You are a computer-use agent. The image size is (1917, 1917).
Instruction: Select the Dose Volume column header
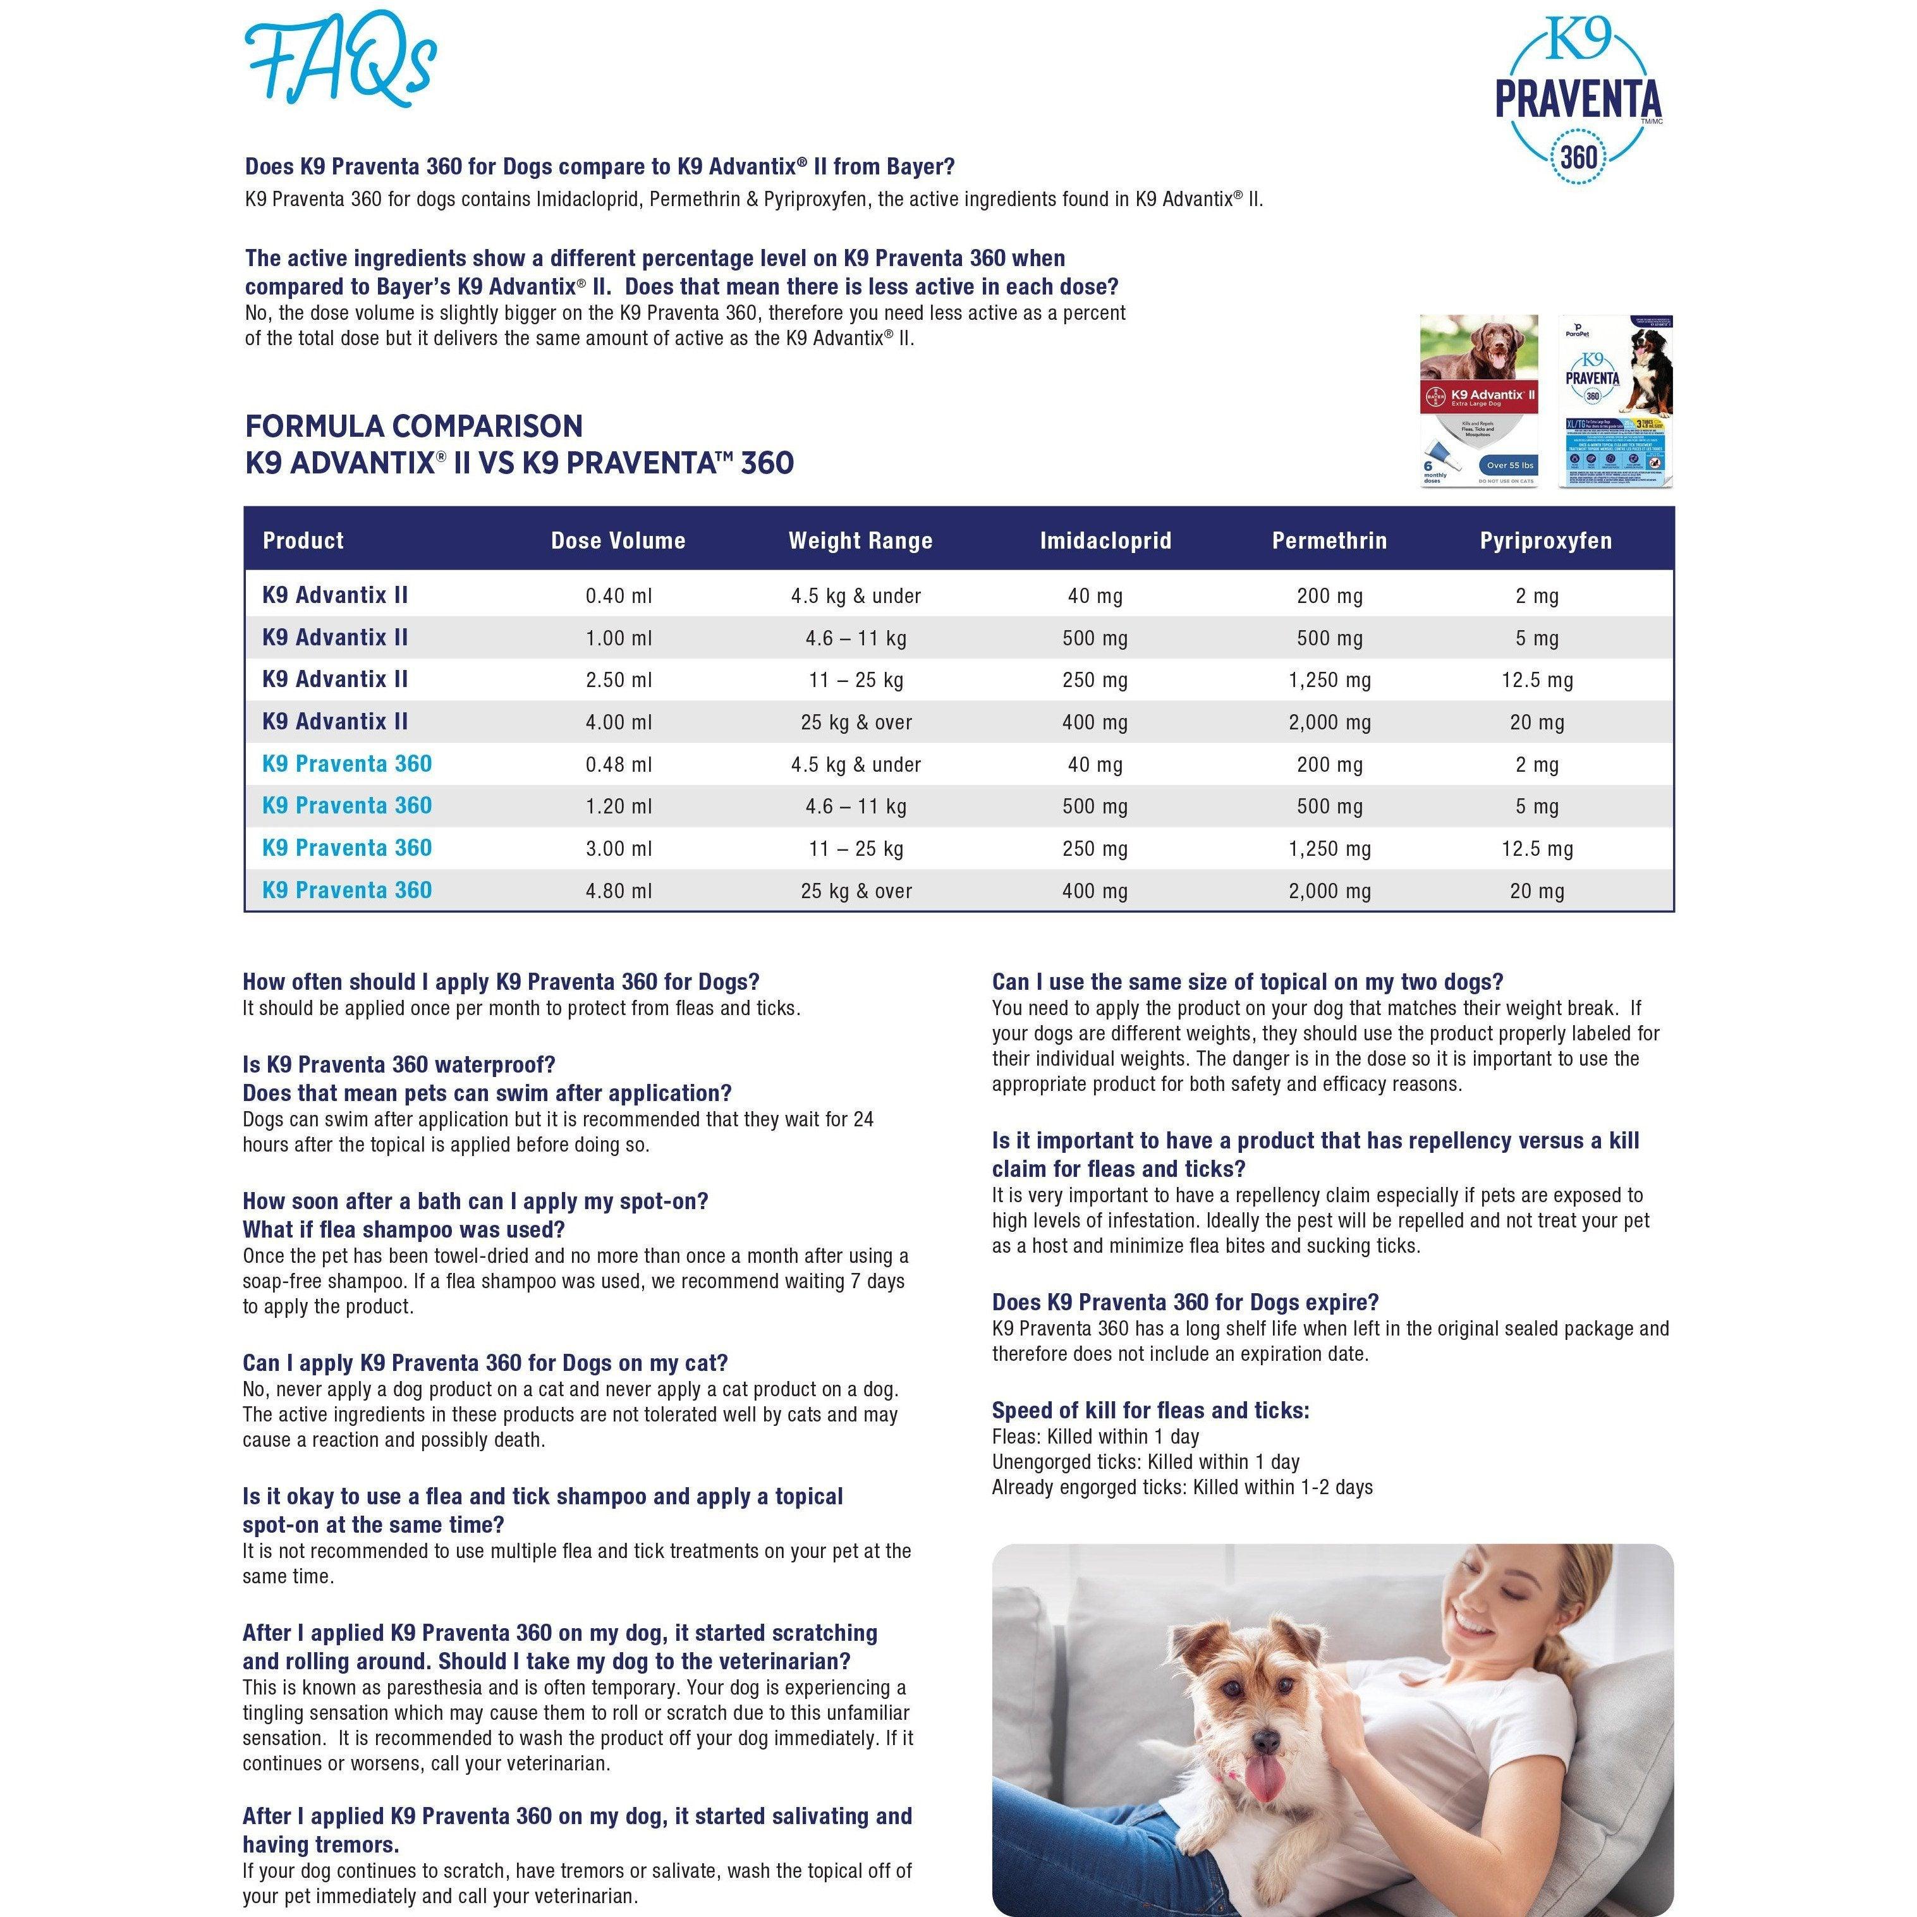click(x=618, y=541)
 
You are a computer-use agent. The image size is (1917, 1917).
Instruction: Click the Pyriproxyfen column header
click(x=1545, y=541)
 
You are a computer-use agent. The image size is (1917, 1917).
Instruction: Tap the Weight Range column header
click(x=860, y=541)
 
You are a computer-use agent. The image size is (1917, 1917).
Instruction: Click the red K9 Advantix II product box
click(x=1478, y=400)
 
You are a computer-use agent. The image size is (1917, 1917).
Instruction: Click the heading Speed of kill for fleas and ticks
click(x=1150, y=1411)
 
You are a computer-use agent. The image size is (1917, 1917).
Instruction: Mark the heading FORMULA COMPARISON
click(x=414, y=427)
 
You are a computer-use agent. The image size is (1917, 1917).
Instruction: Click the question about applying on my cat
click(x=485, y=1363)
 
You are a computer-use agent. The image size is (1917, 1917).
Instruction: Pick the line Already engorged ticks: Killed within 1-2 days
click(x=1182, y=1487)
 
